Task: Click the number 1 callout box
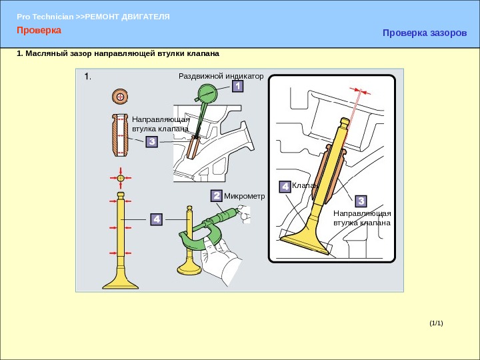click(x=237, y=86)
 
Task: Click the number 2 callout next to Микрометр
click(x=217, y=195)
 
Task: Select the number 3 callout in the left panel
click(x=152, y=142)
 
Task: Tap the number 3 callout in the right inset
click(x=361, y=201)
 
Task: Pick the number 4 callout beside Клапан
click(x=285, y=187)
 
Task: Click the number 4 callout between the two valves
click(x=157, y=219)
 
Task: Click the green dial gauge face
click(x=207, y=93)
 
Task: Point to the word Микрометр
click(x=244, y=196)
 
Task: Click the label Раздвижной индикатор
click(x=221, y=76)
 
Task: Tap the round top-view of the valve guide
click(x=120, y=97)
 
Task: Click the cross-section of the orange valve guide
click(x=120, y=135)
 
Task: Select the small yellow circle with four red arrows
click(x=121, y=178)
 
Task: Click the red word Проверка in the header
click(x=39, y=30)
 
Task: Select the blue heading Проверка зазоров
click(x=425, y=33)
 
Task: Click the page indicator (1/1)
click(x=436, y=323)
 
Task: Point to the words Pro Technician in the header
click(x=45, y=17)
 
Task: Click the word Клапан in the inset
click(x=305, y=185)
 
